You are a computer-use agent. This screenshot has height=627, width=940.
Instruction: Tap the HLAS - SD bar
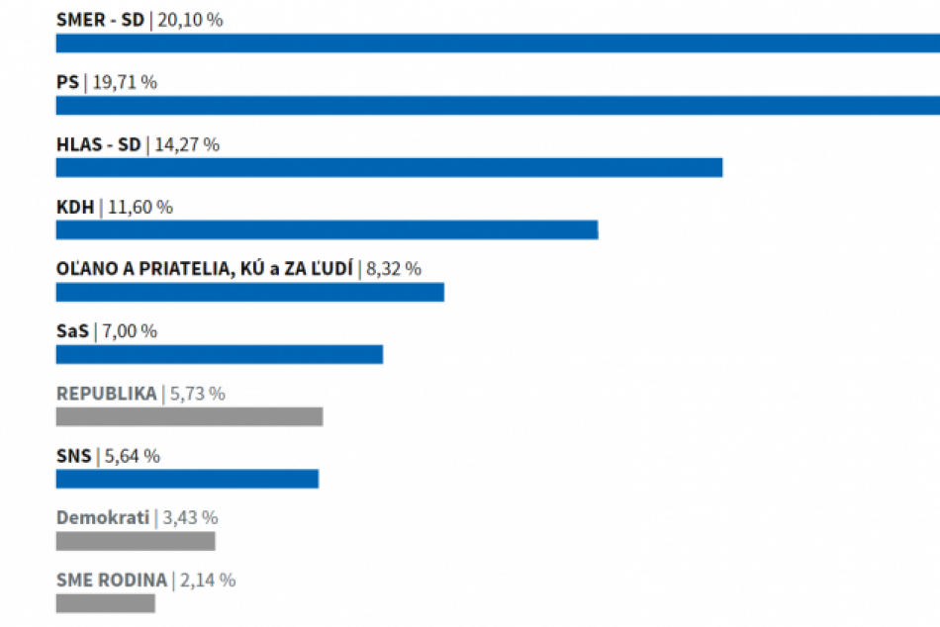(x=389, y=168)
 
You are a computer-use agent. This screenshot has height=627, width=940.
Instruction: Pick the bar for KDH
(x=327, y=230)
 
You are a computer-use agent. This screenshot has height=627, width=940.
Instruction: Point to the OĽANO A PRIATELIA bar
(x=249, y=292)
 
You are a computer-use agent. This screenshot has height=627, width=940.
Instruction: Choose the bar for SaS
(x=219, y=354)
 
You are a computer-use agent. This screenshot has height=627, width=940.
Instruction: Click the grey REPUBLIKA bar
(x=189, y=416)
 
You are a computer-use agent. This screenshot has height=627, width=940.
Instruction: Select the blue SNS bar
(x=187, y=479)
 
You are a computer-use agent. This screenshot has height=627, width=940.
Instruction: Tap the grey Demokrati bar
(x=136, y=541)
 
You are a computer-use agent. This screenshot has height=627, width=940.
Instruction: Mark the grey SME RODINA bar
(x=105, y=603)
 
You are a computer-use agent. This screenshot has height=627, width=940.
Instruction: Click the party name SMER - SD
(x=100, y=20)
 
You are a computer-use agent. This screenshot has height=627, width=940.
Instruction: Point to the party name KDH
(x=75, y=207)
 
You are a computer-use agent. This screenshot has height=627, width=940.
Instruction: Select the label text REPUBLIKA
(x=106, y=394)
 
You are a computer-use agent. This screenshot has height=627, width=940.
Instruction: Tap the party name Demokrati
(x=103, y=517)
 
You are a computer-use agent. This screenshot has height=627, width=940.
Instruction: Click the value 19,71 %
(x=124, y=82)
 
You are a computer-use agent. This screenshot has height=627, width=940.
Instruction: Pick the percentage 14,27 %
(x=187, y=144)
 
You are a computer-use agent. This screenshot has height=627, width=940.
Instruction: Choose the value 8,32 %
(x=394, y=268)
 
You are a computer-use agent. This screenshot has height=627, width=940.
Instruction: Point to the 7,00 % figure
(x=129, y=331)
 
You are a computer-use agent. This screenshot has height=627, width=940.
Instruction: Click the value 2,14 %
(x=207, y=581)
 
